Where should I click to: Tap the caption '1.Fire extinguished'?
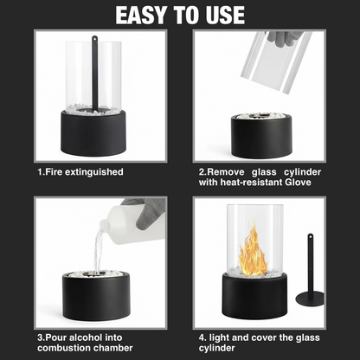click(x=80, y=172)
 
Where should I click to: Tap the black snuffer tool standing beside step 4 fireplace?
click(x=310, y=273)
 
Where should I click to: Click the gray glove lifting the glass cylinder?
click(x=285, y=38)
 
